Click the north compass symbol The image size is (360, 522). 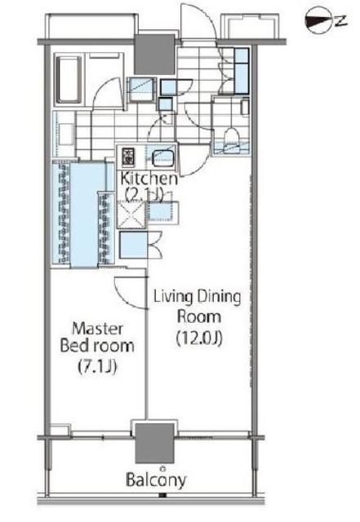326,22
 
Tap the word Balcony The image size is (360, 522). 156,480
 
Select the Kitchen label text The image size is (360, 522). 149,179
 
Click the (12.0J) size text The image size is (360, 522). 199,338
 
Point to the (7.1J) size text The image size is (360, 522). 97,367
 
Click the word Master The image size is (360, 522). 97,329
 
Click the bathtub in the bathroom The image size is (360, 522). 69,79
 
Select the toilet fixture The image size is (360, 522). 232,139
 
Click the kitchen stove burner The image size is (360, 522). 127,157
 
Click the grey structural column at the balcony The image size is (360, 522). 154,443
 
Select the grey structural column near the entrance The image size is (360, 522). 154,55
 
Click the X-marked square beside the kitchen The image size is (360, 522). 131,215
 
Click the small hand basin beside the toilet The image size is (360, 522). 245,107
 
